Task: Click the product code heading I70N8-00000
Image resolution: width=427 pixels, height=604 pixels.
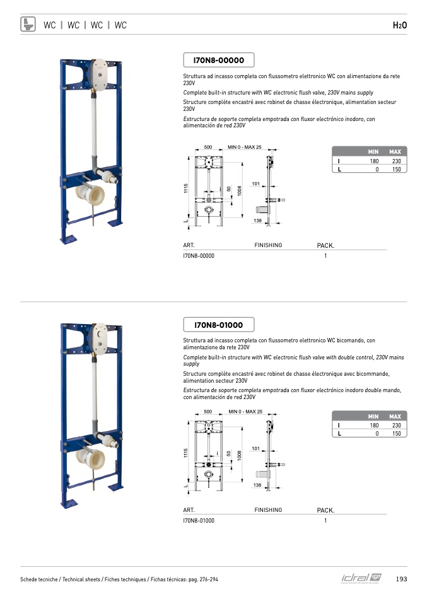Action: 218,61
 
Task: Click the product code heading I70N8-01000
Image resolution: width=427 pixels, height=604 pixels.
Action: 218,325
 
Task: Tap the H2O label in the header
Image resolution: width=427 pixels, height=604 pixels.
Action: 400,25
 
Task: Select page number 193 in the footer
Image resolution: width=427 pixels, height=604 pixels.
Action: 401,579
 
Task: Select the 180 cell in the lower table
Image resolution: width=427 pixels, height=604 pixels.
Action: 375,426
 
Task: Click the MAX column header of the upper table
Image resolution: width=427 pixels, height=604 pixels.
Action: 395,152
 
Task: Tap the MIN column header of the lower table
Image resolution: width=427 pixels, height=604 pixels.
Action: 373,417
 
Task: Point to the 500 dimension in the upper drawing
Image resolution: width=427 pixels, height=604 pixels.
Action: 208,147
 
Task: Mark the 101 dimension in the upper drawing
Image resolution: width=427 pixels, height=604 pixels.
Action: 255,184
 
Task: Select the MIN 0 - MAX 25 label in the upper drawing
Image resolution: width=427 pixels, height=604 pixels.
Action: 245,147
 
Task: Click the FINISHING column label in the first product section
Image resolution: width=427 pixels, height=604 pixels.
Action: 268,245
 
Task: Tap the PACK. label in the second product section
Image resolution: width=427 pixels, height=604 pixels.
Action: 325,510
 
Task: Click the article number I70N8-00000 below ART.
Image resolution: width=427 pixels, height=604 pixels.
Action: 199,256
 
